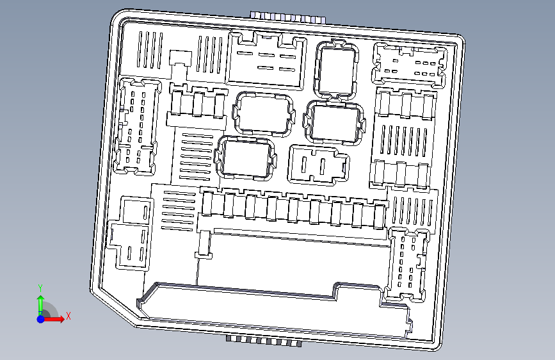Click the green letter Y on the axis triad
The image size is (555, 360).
[40, 288]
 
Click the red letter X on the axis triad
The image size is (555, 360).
[68, 316]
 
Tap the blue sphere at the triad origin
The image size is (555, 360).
[41, 319]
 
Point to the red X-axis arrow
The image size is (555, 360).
[53, 319]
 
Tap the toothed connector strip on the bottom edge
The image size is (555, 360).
[264, 341]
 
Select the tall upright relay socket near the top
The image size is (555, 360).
[337, 70]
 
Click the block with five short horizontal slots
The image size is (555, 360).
[266, 60]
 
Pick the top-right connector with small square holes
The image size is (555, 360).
[410, 65]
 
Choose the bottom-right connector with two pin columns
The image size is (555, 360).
[408, 265]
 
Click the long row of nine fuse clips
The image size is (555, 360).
[294, 209]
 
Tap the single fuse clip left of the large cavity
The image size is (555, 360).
[204, 244]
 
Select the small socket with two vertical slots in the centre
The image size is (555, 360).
[318, 165]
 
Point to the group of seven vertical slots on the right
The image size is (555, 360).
[403, 141]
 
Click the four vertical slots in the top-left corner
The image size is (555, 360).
[150, 50]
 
